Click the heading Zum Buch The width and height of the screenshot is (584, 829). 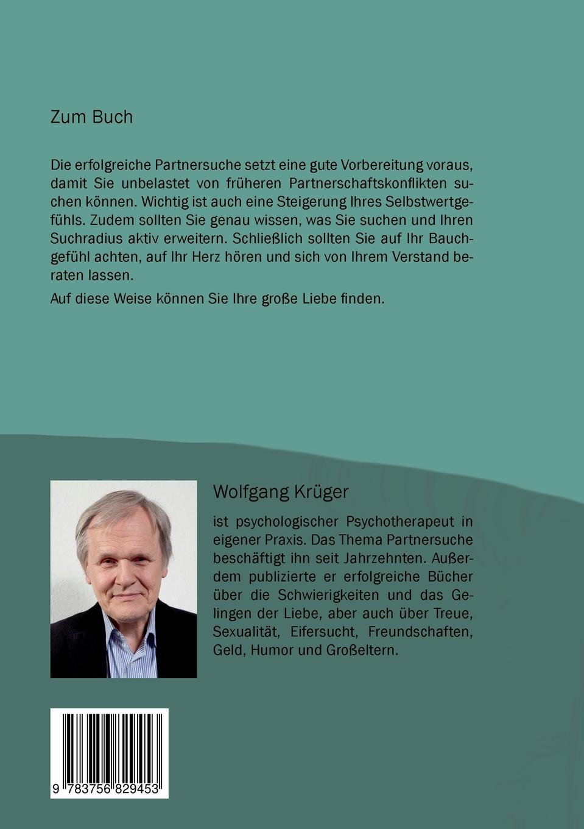[91, 116]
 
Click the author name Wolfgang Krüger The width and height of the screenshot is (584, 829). [281, 491]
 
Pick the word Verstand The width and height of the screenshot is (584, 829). [416, 256]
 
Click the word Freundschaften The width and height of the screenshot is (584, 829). [420, 631]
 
